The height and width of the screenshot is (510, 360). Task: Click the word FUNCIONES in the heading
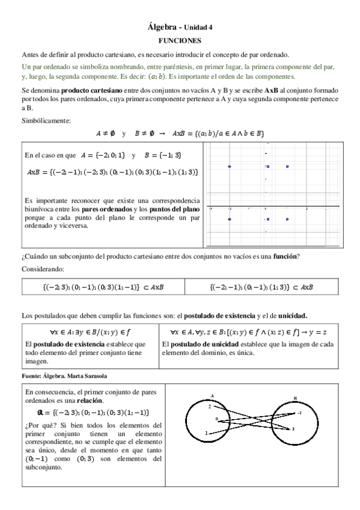pyautogui.click(x=180, y=40)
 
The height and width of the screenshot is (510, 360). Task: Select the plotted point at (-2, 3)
pyautogui.click(x=230, y=167)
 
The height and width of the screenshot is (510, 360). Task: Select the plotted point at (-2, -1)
pyautogui.click(x=230, y=220)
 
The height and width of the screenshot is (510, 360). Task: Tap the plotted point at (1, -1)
pyautogui.click(x=287, y=220)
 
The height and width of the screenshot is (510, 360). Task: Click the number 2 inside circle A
pyautogui.click(x=209, y=407)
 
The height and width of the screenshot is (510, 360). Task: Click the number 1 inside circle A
pyautogui.click(x=206, y=432)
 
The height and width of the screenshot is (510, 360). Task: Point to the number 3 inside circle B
pyautogui.click(x=310, y=429)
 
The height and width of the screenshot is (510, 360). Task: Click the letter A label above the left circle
pyautogui.click(x=213, y=395)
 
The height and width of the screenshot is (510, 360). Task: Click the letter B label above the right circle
pyautogui.click(x=312, y=398)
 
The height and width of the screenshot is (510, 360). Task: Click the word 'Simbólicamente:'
pyautogui.click(x=46, y=120)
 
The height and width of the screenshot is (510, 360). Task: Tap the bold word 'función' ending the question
pyautogui.click(x=285, y=257)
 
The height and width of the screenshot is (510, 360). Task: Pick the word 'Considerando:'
pyautogui.click(x=41, y=269)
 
